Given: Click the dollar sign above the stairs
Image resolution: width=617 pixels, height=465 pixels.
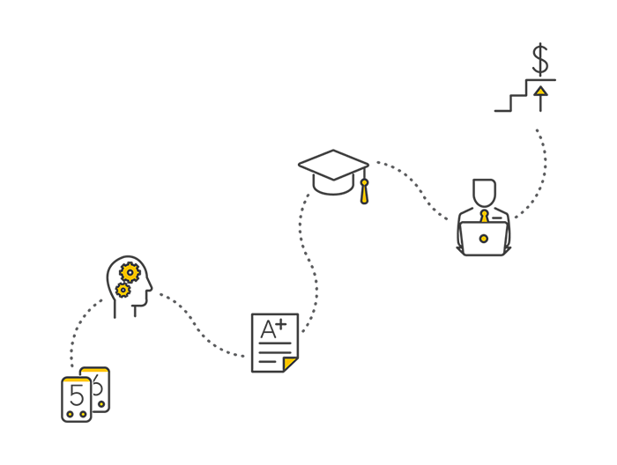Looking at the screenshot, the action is (x=540, y=60).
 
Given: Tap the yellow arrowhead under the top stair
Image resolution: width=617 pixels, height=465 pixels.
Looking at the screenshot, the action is (x=541, y=92).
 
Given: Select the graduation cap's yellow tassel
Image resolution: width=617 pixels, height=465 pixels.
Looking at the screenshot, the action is (x=364, y=191).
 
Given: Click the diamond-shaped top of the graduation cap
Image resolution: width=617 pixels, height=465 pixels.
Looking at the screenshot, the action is (x=334, y=165).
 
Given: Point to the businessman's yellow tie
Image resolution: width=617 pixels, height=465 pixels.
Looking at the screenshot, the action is (x=484, y=216).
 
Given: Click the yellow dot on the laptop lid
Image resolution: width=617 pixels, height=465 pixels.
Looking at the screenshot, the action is (x=484, y=239).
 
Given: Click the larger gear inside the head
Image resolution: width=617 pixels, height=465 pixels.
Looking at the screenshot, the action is (x=130, y=273).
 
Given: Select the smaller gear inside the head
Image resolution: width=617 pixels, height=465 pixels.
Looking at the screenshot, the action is (x=123, y=290).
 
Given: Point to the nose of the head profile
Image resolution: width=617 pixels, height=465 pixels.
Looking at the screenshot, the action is (x=150, y=287).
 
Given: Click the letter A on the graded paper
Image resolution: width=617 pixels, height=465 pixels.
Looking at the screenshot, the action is (x=268, y=329).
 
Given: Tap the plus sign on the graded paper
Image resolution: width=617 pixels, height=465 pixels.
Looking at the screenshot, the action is (x=280, y=325).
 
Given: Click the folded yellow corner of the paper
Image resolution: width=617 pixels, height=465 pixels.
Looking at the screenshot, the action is (x=289, y=364).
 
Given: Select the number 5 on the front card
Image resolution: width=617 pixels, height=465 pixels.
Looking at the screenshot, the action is (x=77, y=395).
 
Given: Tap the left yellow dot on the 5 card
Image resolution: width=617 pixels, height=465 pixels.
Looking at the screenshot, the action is (x=70, y=414).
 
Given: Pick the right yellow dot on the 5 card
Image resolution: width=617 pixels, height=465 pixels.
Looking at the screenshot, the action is (x=83, y=414).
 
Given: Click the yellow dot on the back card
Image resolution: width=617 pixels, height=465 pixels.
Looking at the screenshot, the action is (x=101, y=404).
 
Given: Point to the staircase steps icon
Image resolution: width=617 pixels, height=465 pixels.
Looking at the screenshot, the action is (x=525, y=95).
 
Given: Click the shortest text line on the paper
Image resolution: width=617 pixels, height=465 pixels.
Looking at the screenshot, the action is (x=268, y=361).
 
